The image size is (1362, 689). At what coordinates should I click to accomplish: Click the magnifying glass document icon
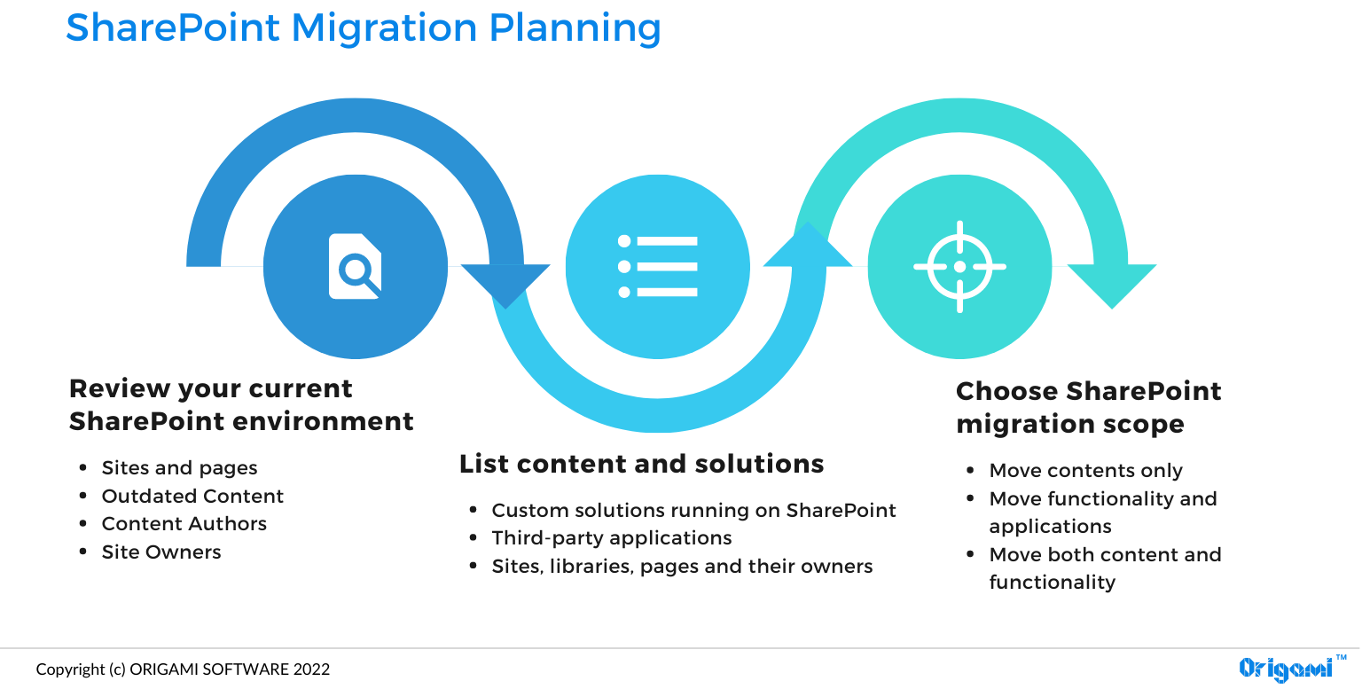[356, 266]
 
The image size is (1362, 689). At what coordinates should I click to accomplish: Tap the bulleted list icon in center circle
[657, 266]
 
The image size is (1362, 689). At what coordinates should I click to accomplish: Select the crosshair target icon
[959, 266]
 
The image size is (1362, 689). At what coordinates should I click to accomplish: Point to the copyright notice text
[183, 669]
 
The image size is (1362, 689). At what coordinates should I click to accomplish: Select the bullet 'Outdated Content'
[192, 496]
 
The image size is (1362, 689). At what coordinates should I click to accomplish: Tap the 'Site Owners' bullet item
[161, 552]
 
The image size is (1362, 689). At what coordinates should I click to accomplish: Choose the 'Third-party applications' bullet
[612, 537]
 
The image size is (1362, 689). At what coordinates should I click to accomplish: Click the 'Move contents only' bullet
[1085, 470]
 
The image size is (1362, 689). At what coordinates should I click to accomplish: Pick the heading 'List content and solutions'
[641, 464]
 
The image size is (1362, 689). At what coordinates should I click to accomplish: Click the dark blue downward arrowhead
[505, 284]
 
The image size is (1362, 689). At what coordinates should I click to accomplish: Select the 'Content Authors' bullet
[184, 523]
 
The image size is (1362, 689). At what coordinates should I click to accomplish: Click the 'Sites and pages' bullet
[179, 467]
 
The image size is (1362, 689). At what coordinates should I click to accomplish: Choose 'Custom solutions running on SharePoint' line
[693, 510]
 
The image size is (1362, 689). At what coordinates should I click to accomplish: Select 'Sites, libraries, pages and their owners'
[682, 566]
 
